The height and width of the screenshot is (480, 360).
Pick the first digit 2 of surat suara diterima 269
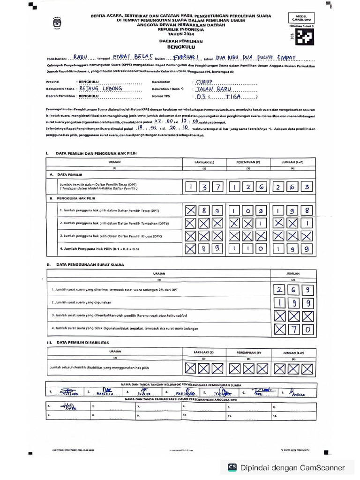[x=280, y=290]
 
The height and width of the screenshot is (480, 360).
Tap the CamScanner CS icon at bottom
[x=232, y=467]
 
